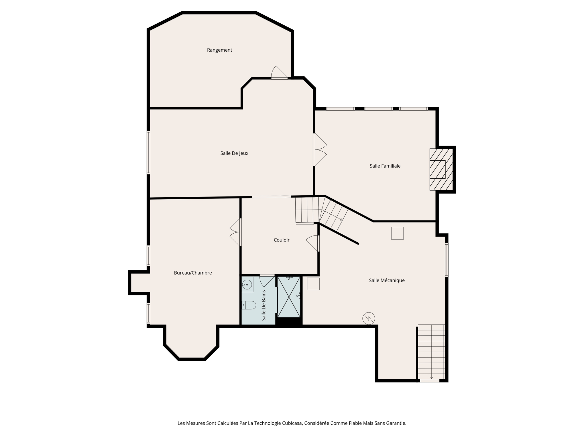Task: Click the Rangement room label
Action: [219, 50]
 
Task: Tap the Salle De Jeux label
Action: [234, 153]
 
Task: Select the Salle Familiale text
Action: [385, 166]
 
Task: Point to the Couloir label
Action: [281, 240]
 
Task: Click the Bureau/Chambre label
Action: [193, 273]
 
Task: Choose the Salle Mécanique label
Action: [387, 281]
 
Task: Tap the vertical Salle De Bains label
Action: [264, 305]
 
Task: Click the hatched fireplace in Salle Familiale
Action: [441, 169]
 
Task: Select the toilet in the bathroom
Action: [249, 305]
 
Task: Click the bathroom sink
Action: [247, 284]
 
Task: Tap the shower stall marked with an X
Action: [289, 297]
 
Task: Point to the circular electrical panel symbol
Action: [368, 318]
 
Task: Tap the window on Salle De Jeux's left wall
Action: [149, 153]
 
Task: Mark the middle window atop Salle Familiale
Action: [379, 109]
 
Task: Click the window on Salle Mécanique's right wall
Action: [447, 260]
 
